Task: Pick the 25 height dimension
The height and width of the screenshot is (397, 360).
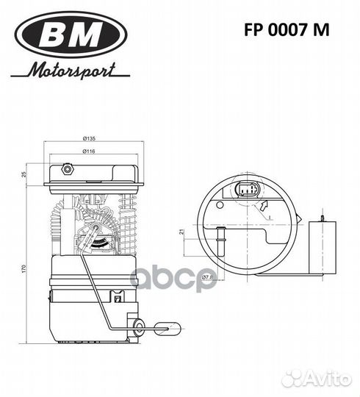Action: [24, 174]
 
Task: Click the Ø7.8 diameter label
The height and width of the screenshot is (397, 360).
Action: [208, 277]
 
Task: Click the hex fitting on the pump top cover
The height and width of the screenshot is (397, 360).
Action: [68, 170]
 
